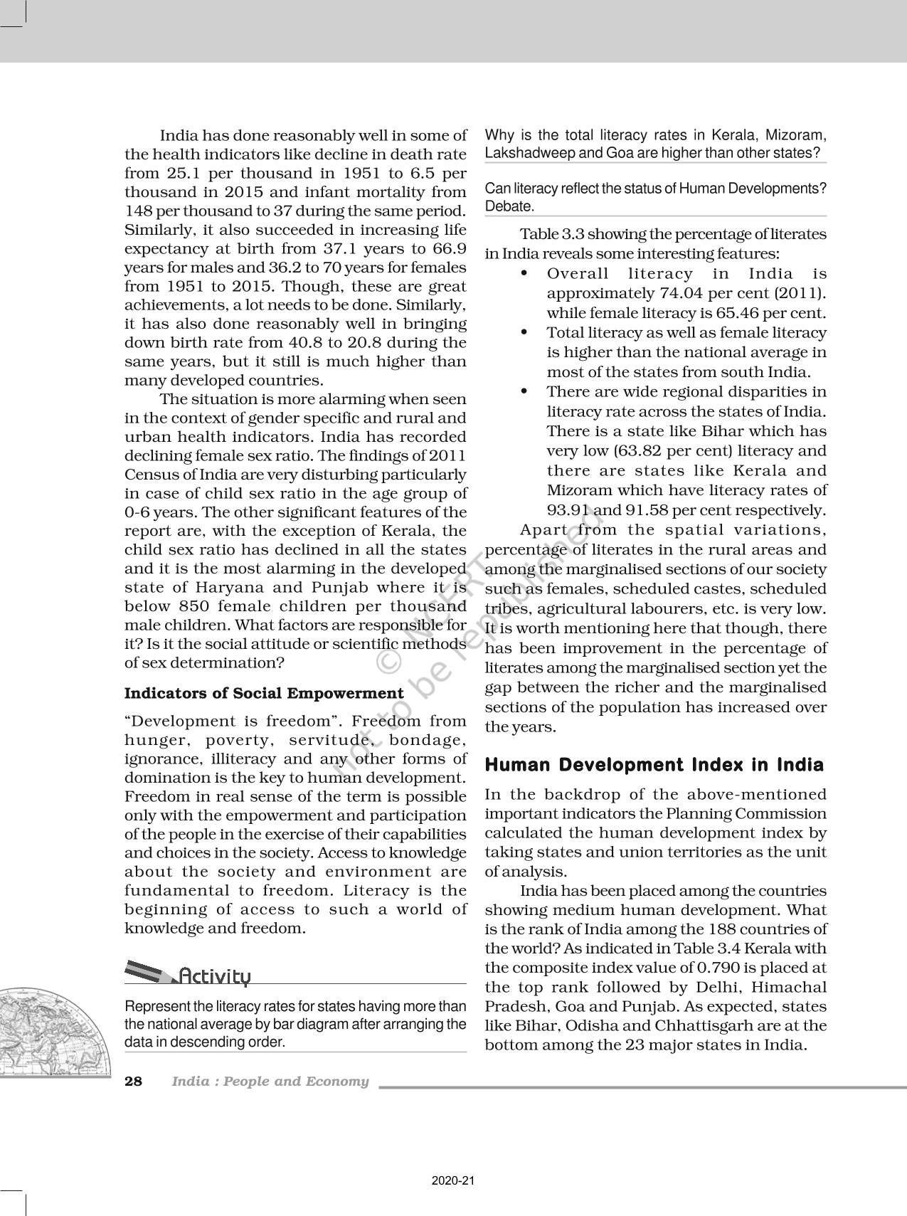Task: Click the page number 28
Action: pos(133,1082)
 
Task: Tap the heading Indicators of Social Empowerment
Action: pos(264,693)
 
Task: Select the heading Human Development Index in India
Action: pos(654,765)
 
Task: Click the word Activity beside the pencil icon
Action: pos(215,976)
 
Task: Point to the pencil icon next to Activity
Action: pos(149,972)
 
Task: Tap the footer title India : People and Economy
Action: pos(270,1082)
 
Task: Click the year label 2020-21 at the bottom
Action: pos(452,1181)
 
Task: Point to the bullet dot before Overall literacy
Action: pos(524,274)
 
